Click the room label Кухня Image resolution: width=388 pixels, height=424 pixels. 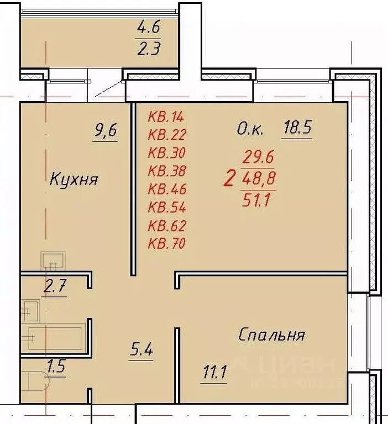pos(74,179)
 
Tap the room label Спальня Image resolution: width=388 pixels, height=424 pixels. pos(272,335)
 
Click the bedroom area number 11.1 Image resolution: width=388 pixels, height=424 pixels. pos(213,377)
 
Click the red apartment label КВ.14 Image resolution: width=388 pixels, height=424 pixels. pos(166,116)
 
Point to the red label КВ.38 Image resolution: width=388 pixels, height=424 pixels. pos(167,171)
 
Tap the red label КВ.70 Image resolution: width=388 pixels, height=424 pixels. pos(167,243)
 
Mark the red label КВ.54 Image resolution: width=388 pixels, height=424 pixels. pos(167,207)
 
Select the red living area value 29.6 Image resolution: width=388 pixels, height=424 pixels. pos(259,157)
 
